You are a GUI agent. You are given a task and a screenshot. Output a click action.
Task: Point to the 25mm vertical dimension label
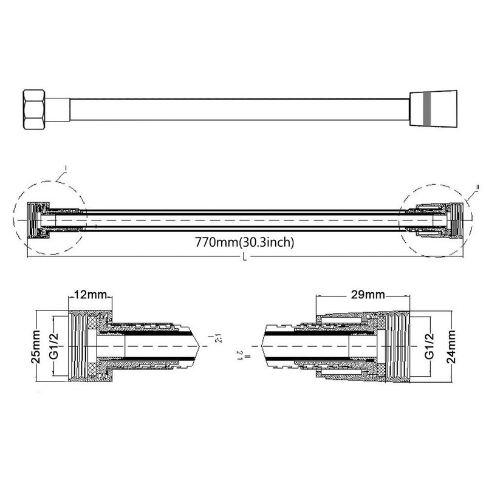[36, 344]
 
